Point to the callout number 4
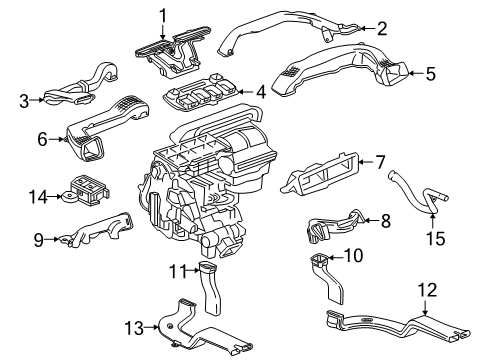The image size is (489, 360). [x=259, y=93]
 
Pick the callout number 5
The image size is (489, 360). [x=430, y=72]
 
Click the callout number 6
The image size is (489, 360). [x=43, y=139]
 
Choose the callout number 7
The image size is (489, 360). [x=379, y=160]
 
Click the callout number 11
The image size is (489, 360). [x=176, y=270]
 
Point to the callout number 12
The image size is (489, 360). [x=427, y=290]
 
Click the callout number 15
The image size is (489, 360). [x=432, y=237]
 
